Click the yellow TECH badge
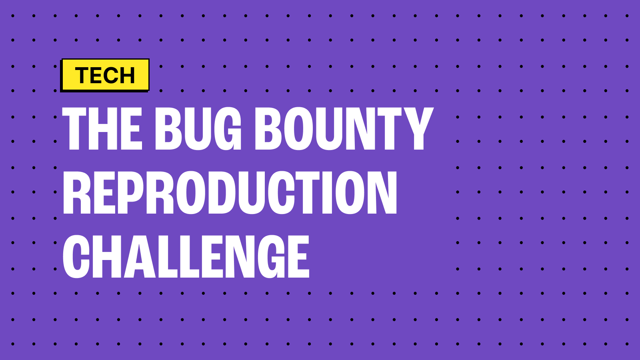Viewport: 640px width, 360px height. point(105,75)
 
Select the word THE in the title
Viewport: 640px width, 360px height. point(102,129)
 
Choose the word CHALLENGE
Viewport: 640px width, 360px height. point(186,256)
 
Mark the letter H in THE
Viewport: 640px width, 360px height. point(105,129)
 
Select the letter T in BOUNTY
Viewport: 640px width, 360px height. point(390,129)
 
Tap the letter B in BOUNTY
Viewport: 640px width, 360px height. point(269,129)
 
